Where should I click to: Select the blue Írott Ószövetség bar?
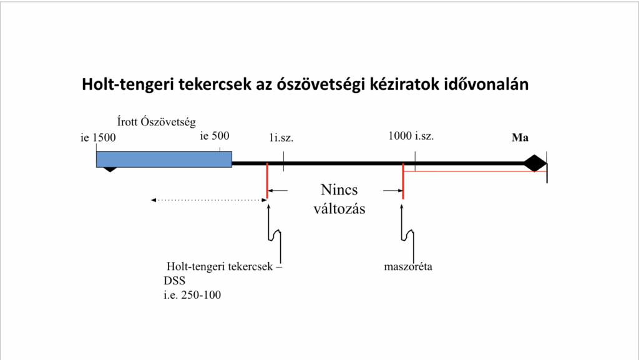pyautogui.click(x=164, y=159)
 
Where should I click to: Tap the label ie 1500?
pyautogui.click(x=98, y=138)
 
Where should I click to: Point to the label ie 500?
pyautogui.click(x=215, y=135)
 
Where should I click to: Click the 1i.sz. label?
pyautogui.click(x=281, y=138)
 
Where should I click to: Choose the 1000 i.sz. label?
pyautogui.click(x=411, y=135)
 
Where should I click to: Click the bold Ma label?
pyautogui.click(x=520, y=138)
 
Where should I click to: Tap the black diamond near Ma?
pyautogui.click(x=535, y=163)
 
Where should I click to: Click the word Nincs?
pyautogui.click(x=339, y=190)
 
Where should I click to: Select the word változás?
pyautogui.click(x=339, y=208)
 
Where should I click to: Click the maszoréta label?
pyautogui.click(x=408, y=267)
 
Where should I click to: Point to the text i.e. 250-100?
pyautogui.click(x=192, y=295)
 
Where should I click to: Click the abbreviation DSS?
pyautogui.click(x=175, y=281)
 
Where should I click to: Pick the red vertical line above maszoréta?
pyautogui.click(x=403, y=181)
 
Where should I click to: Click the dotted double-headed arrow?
pyautogui.click(x=208, y=200)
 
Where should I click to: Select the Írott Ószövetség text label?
pyautogui.click(x=157, y=122)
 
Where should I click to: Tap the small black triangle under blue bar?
pyautogui.click(x=110, y=170)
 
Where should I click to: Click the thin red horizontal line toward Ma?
pyautogui.click(x=475, y=172)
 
